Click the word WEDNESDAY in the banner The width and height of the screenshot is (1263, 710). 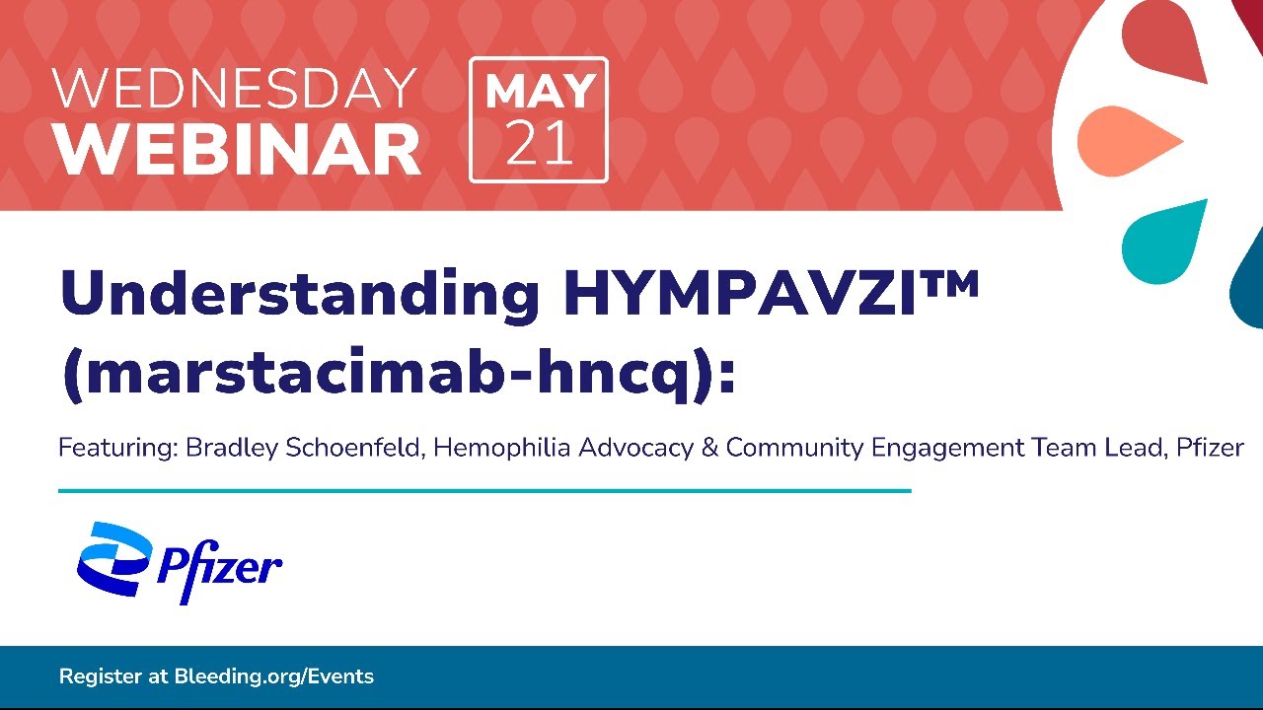234,88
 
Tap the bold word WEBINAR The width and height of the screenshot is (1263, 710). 237,149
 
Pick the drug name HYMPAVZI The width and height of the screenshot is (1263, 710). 739,293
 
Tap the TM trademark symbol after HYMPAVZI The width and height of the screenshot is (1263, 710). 947,283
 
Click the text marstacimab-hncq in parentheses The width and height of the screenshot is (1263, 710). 390,374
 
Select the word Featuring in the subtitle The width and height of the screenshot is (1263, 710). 118,448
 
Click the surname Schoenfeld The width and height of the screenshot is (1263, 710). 355,448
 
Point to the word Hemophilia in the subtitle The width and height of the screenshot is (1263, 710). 502,448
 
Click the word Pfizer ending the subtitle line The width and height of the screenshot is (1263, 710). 1209,448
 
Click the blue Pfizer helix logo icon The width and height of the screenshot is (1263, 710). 114,558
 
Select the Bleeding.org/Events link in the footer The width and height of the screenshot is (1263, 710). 274,676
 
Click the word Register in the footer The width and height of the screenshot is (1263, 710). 101,676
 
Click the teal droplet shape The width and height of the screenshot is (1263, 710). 1161,243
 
